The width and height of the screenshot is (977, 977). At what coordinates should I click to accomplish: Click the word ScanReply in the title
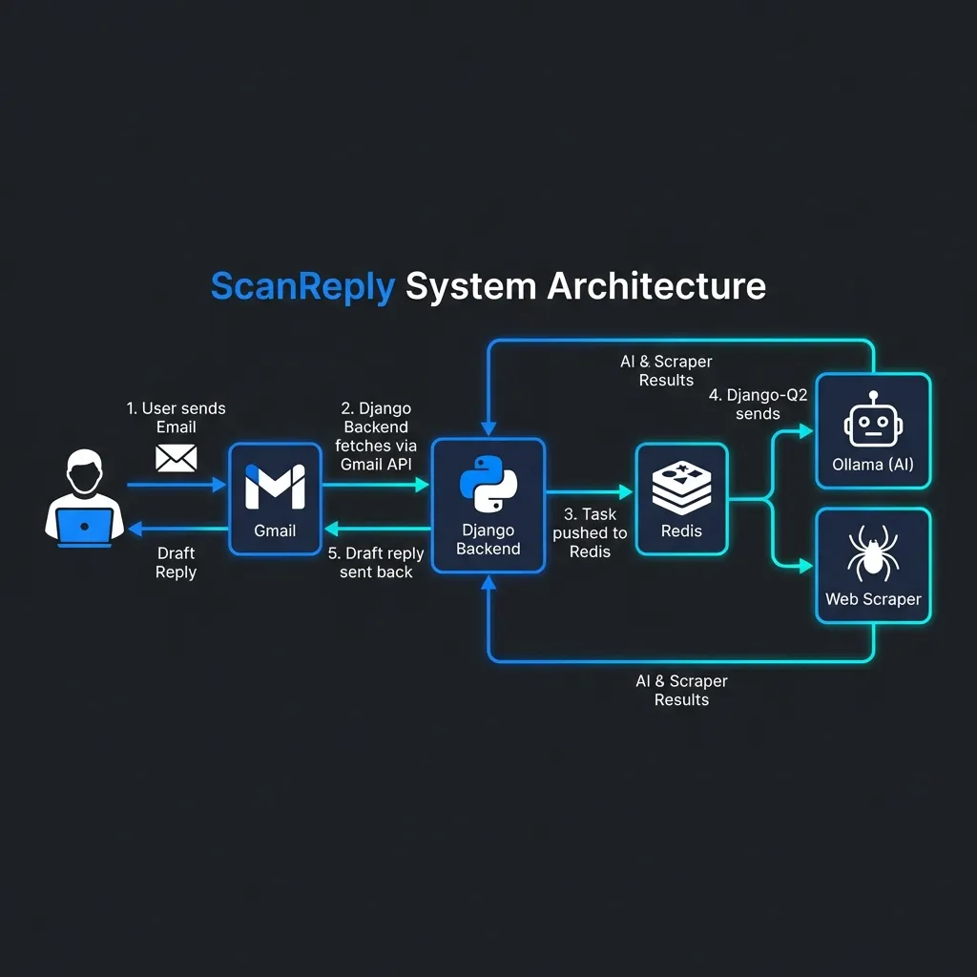(x=301, y=286)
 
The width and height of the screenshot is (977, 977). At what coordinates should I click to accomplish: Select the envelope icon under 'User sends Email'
(x=177, y=458)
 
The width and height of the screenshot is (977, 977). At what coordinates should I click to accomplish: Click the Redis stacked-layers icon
(x=682, y=487)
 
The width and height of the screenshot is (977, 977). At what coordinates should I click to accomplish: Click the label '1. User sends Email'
(x=177, y=418)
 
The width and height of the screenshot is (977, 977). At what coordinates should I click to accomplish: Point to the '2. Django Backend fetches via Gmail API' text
(x=376, y=436)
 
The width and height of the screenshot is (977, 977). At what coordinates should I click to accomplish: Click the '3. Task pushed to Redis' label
(x=590, y=533)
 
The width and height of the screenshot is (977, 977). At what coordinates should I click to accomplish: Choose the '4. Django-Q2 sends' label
(x=758, y=405)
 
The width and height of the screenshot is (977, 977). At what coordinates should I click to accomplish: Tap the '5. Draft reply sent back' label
(x=376, y=562)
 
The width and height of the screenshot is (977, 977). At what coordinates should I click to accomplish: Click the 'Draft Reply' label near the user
(x=177, y=562)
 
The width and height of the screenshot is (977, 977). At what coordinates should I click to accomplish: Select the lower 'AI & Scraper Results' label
(x=681, y=690)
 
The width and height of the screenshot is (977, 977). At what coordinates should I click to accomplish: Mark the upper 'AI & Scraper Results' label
(x=666, y=370)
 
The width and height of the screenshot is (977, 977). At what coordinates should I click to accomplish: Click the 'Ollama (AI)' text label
(x=873, y=465)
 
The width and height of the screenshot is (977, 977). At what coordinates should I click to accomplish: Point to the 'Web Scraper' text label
(x=873, y=599)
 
